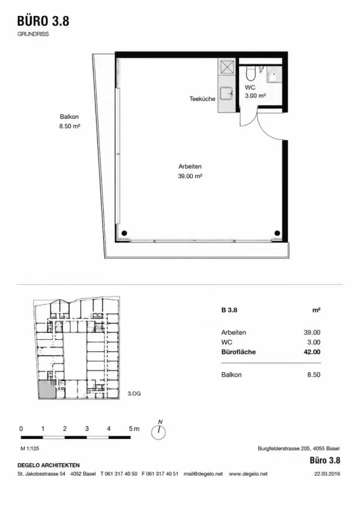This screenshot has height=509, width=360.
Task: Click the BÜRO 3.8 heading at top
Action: pos(43,21)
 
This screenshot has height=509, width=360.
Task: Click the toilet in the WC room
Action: pos(251,73)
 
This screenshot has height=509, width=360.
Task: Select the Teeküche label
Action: pos(202,99)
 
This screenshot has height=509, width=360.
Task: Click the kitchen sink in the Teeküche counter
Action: pos(226,94)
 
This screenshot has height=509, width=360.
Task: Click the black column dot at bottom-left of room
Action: pos(124,233)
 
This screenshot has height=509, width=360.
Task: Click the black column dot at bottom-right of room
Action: pos(277,233)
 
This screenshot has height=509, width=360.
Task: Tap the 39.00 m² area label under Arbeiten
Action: pos(190,176)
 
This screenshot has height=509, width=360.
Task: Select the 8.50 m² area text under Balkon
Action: pos(69,126)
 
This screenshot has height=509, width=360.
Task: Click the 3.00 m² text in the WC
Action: pos(256,96)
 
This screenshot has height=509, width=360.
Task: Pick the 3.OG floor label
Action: pos(134,394)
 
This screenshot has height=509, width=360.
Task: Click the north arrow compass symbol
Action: pos(159,431)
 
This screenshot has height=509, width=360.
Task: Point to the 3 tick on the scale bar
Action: pos(87,428)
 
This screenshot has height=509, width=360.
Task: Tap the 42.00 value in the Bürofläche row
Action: pos(312,352)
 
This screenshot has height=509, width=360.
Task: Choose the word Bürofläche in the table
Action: pos(239,352)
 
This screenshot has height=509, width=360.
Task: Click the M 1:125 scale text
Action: pos(30,449)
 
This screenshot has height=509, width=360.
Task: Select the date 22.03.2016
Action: pos(327,474)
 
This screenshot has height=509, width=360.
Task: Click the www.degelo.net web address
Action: pos(248,474)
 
